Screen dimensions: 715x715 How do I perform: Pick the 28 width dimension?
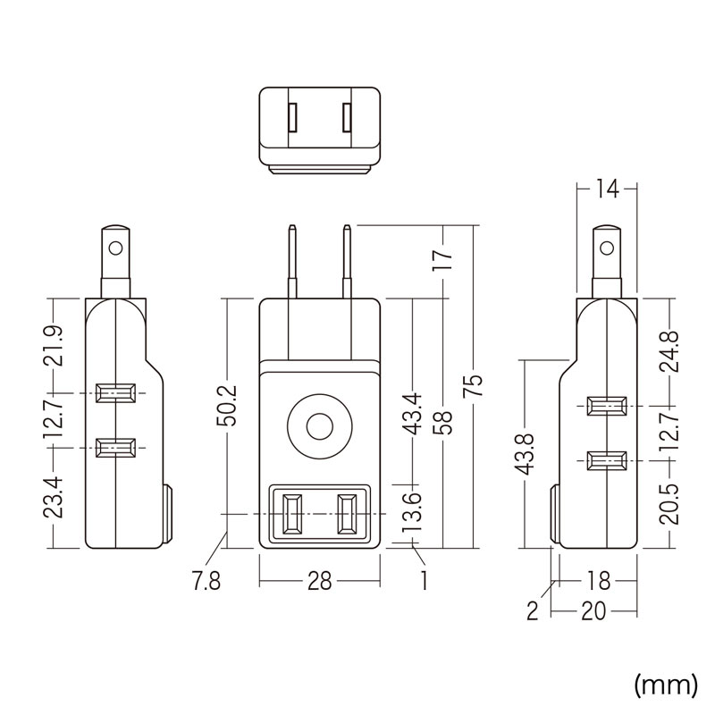click(319, 582)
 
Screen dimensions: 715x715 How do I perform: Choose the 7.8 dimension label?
click(206, 582)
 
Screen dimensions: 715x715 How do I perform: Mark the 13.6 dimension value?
click(413, 514)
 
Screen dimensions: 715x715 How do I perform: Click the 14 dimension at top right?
click(606, 189)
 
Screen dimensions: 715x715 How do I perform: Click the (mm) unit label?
click(665, 685)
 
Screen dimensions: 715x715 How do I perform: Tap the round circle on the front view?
click(318, 426)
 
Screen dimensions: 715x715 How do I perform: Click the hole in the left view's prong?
click(114, 244)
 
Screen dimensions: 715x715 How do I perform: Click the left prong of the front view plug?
click(292, 263)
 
